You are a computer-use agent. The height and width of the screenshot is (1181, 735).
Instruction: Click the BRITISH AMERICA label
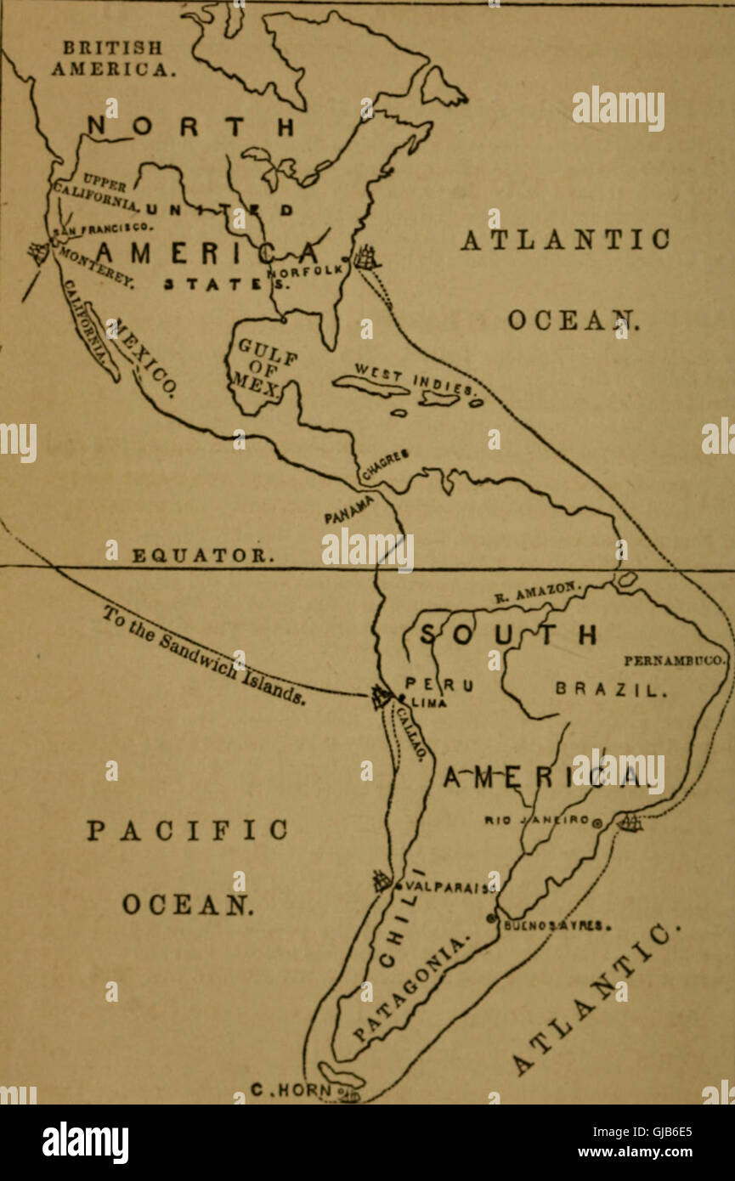tap(113, 57)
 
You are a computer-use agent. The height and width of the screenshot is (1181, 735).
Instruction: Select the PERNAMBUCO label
tap(676, 659)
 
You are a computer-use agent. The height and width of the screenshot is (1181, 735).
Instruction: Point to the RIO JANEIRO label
tap(537, 821)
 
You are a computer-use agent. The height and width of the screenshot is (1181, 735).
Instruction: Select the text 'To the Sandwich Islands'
tap(205, 654)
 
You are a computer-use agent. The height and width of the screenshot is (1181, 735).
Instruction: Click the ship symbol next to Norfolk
tap(367, 256)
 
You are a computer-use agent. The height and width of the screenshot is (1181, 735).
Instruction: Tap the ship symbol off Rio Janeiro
tap(630, 822)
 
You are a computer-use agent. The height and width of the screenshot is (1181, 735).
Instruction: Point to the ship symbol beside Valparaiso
tap(382, 881)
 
